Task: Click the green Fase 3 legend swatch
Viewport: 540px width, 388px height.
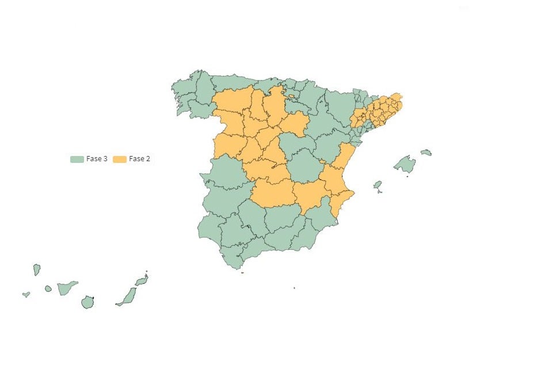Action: coord(77,159)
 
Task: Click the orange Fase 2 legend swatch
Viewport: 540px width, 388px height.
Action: coord(120,159)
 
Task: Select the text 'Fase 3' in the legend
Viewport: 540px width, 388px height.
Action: coord(97,159)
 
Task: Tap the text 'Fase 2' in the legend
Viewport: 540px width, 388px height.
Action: coord(139,159)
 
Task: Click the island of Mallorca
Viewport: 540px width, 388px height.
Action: coord(405,165)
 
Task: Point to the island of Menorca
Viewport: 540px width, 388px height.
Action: coord(426,153)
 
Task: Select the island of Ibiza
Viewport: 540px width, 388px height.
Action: coord(378,185)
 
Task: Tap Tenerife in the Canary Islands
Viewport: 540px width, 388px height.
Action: coord(67,287)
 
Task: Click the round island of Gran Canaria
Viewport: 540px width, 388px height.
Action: coord(88,302)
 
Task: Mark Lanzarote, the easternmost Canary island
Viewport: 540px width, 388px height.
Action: coord(142,281)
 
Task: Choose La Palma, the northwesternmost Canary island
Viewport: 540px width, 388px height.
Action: coord(36,269)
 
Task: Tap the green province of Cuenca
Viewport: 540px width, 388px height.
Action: coord(305,168)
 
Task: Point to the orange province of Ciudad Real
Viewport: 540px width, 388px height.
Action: coord(273,193)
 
